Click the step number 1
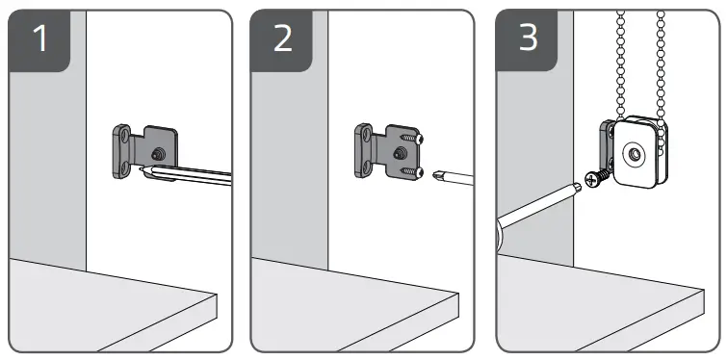pos(40,39)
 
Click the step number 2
pos(283,39)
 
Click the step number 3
pos(528,38)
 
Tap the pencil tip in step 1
pos(141,170)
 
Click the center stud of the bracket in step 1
pos(159,152)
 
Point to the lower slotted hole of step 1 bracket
pos(123,167)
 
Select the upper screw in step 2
pos(411,138)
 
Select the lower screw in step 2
pos(411,172)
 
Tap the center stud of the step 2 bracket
pos(399,153)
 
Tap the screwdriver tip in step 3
pos(578,186)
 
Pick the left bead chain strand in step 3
pos(620,65)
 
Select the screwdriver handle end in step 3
pos(501,233)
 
